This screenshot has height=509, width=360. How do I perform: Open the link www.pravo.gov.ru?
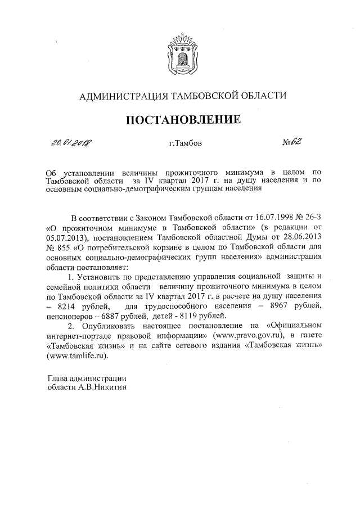click(248, 336)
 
